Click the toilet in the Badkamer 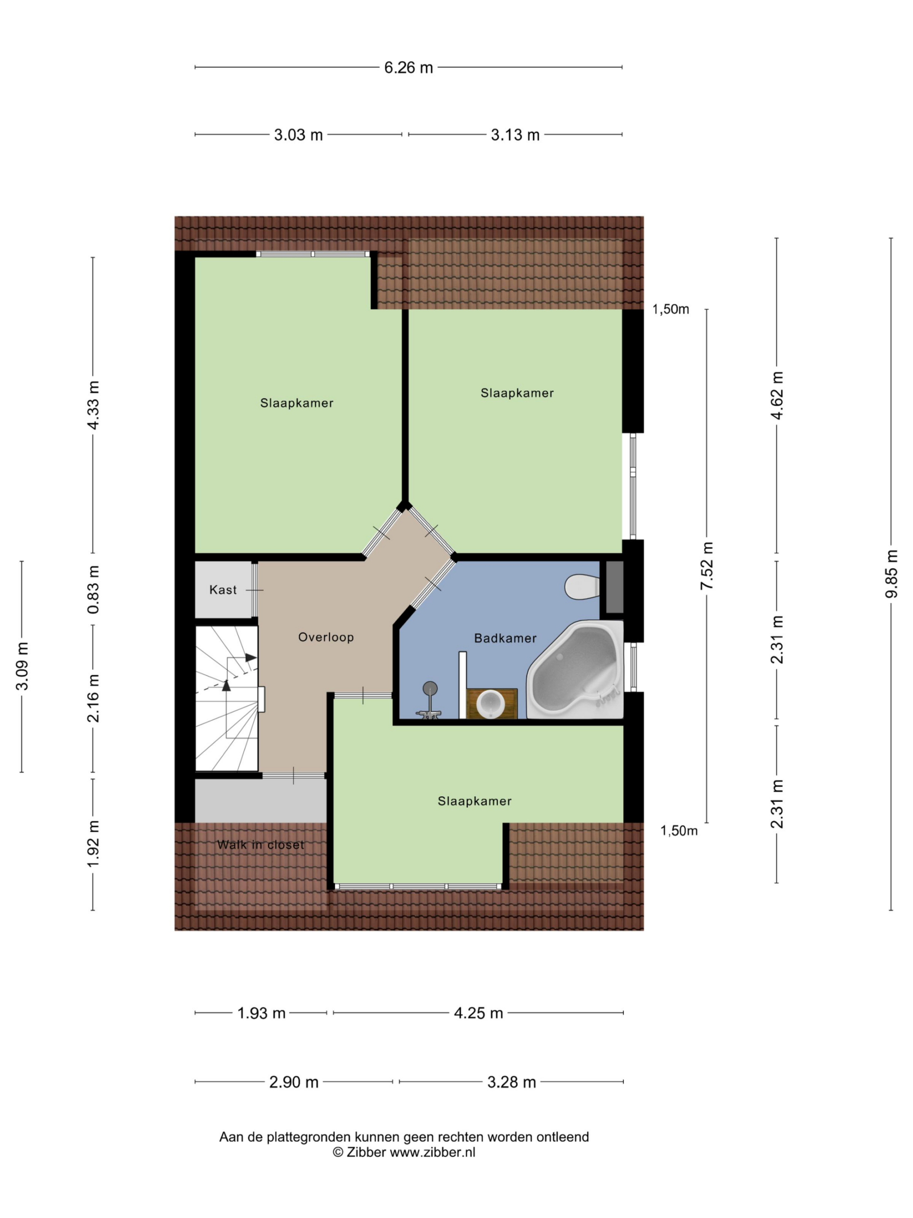coord(581,587)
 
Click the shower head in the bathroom coord(429,688)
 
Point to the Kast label coord(223,589)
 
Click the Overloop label coord(326,637)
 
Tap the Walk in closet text coord(260,845)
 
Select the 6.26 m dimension coord(408,68)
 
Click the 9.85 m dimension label coord(891,573)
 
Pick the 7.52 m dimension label coord(707,566)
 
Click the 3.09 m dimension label coord(22,666)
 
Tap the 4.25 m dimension coord(478,1013)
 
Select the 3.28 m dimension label coord(511,1082)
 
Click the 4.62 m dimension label coord(777,395)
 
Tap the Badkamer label coord(505,638)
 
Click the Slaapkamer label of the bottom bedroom coord(475,801)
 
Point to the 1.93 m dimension coord(262,1013)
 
